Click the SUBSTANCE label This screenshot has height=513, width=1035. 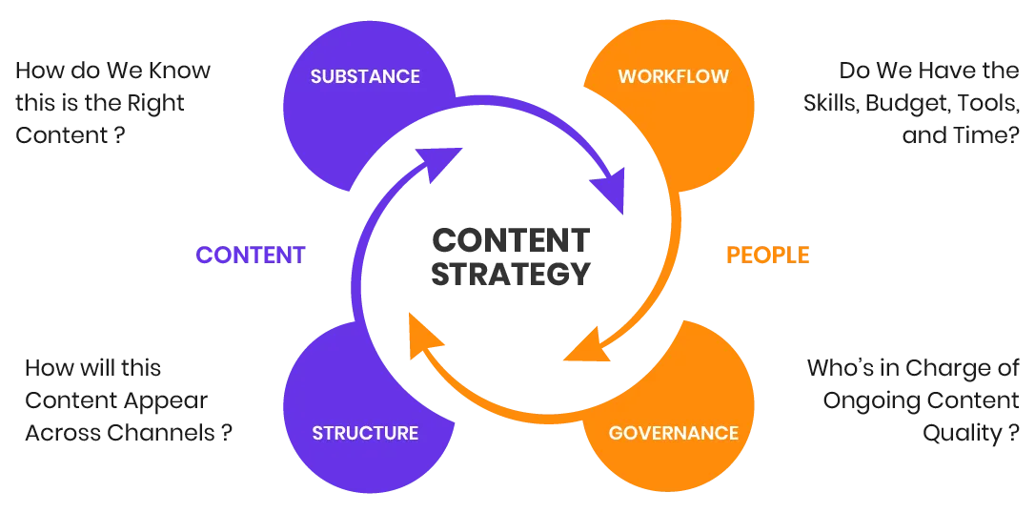(365, 76)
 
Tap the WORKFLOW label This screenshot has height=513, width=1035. (673, 76)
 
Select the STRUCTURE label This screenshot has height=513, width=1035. (365, 433)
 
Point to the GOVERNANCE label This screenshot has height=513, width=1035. (673, 433)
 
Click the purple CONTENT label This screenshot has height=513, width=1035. (250, 256)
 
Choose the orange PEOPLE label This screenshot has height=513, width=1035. (769, 256)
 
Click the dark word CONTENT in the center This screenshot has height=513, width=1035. (510, 236)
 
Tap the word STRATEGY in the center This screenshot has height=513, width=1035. (510, 277)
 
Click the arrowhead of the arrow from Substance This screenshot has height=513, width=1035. (610, 191)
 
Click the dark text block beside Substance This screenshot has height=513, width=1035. (114, 104)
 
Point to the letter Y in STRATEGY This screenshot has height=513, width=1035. (576, 277)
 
